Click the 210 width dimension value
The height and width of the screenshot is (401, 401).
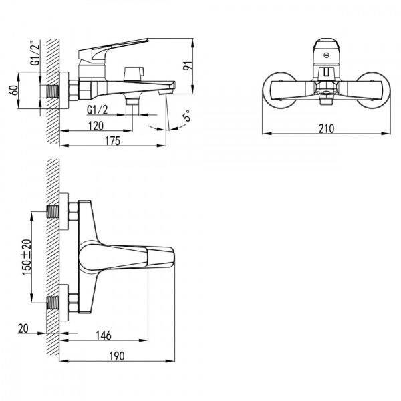326,128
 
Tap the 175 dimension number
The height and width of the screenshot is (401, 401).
112,141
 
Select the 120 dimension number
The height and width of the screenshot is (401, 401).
96,126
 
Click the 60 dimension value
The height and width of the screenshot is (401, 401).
14,90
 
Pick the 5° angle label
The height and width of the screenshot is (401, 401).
186,116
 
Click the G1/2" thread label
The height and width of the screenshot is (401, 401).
35,53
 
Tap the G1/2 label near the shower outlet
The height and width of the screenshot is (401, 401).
98,110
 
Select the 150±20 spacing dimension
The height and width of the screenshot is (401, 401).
27,257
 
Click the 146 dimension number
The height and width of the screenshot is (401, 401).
104,336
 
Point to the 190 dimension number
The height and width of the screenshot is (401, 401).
117,356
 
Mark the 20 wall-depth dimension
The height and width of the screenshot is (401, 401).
23,329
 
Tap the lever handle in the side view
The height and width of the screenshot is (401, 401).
114,50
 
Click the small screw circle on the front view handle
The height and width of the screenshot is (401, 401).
326,55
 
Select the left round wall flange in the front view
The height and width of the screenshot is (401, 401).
279,90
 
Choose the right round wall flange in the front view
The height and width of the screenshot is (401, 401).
374,90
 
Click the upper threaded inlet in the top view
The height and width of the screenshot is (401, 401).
53,211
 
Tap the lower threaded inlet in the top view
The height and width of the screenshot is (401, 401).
53,303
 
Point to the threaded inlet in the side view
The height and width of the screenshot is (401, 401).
53,91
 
